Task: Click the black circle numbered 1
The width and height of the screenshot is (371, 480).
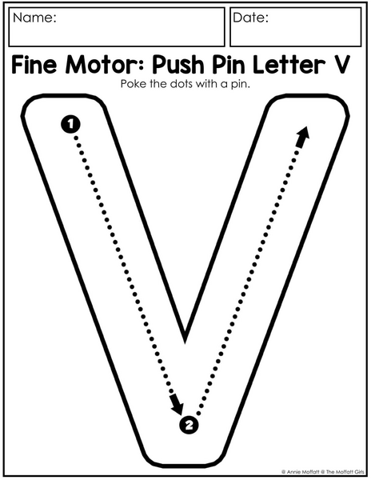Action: click(70, 124)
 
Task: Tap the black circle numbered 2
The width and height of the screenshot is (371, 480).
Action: click(189, 425)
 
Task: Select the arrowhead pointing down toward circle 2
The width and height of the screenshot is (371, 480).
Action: click(178, 405)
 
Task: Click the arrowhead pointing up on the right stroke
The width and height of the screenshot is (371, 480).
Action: click(303, 137)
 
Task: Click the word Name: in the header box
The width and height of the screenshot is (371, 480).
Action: click(34, 18)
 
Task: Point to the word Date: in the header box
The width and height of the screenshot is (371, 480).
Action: click(250, 18)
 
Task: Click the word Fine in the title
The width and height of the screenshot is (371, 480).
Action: click(34, 65)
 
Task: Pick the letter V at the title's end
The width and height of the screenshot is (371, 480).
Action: click(340, 65)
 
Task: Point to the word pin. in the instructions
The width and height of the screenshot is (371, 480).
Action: click(240, 84)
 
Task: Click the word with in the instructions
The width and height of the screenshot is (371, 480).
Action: click(206, 84)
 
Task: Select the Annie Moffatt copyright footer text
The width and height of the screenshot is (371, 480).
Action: click(323, 472)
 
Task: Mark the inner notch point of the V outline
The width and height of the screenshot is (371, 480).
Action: click(185, 341)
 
